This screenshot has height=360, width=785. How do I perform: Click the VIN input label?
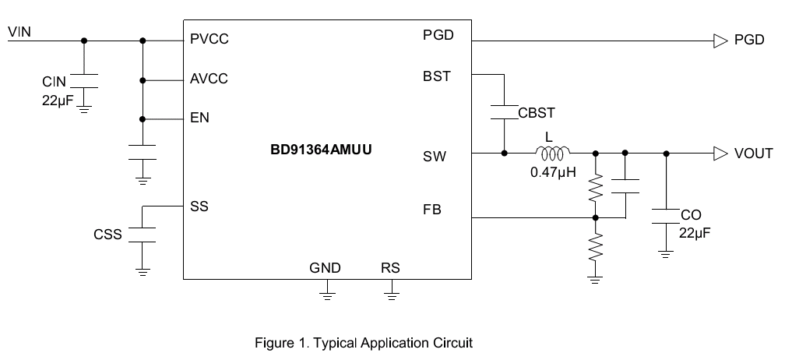click(19, 32)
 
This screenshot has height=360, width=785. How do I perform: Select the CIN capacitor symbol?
click(83, 81)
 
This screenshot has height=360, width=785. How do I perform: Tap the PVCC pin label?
click(209, 40)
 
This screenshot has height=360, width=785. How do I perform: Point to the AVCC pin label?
click(209, 79)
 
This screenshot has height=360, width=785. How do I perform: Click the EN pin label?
click(199, 118)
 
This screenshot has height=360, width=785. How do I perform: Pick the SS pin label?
click(199, 206)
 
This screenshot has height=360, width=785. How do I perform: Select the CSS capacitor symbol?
click(143, 235)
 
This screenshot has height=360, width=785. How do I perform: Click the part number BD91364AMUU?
click(321, 150)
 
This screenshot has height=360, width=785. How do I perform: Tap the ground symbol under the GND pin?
click(327, 295)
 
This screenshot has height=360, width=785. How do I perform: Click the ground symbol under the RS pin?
click(392, 295)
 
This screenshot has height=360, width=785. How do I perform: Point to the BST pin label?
click(437, 76)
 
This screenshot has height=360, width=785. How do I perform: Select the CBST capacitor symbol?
click(504, 112)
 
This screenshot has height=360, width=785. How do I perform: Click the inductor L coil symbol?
click(553, 153)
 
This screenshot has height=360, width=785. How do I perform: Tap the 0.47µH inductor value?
click(553, 173)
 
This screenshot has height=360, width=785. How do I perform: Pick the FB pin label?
click(432, 210)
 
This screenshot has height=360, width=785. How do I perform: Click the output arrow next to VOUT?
click(720, 154)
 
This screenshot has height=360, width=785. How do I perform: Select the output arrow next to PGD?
click(720, 41)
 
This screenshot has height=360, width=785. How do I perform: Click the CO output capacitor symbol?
click(666, 217)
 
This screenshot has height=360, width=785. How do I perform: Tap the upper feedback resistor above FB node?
click(595, 188)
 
